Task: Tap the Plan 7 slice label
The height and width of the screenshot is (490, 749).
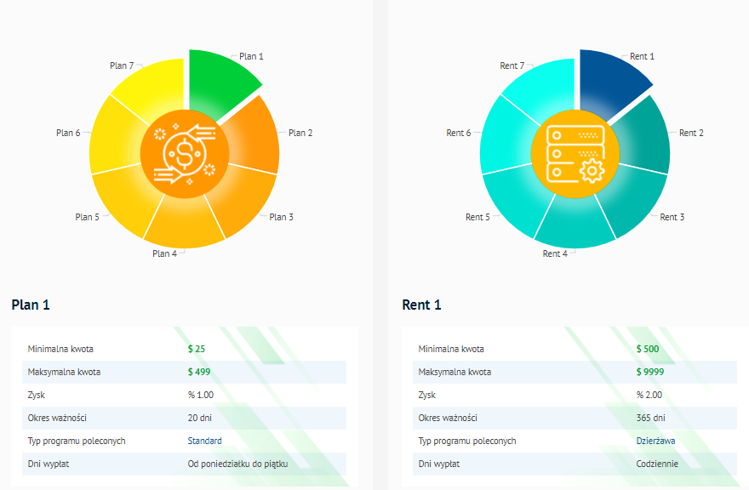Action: pyautogui.click(x=122, y=66)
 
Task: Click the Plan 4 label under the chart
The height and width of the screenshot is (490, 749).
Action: pyautogui.click(x=164, y=254)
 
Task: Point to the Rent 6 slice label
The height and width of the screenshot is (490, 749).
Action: pyautogui.click(x=459, y=133)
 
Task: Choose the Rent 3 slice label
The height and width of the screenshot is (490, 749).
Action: pyautogui.click(x=672, y=217)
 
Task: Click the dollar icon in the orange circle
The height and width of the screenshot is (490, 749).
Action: pyautogui.click(x=185, y=154)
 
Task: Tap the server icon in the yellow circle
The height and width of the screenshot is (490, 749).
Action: pyautogui.click(x=575, y=154)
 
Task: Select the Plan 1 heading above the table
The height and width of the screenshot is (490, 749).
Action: pyautogui.click(x=31, y=305)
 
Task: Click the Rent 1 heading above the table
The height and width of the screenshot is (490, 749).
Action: pyautogui.click(x=421, y=305)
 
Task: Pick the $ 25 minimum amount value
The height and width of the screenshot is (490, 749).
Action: pyautogui.click(x=197, y=349)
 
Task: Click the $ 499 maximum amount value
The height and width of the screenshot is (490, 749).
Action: pyautogui.click(x=199, y=372)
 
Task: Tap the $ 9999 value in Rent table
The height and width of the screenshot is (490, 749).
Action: pyautogui.click(x=650, y=372)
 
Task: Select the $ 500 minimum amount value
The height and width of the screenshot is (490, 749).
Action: pyautogui.click(x=648, y=349)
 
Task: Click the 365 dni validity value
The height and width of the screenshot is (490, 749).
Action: pyautogui.click(x=651, y=418)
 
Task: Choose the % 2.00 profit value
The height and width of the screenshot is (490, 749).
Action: pyautogui.click(x=649, y=395)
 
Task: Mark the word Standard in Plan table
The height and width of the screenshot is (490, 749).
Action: pyautogui.click(x=205, y=441)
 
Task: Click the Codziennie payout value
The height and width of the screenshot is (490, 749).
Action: pyautogui.click(x=657, y=464)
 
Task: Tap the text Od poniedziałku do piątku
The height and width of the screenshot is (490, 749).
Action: pyautogui.click(x=238, y=464)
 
